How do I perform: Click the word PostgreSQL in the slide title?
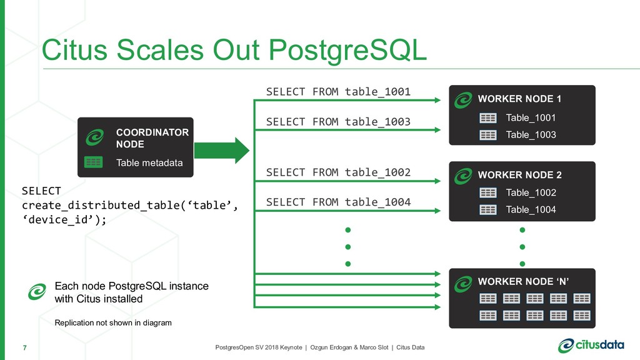[347, 51]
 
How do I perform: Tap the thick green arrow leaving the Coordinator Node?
[222, 151]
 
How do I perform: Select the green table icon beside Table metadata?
[94, 162]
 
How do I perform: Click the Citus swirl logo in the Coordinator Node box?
[95, 137]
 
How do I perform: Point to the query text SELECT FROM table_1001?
[338, 91]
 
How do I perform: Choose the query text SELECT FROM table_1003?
[338, 122]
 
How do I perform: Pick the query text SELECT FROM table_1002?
[338, 172]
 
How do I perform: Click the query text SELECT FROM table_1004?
[338, 202]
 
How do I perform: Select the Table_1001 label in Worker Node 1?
[531, 118]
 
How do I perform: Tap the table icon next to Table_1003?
[488, 135]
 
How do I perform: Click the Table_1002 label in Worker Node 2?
[531, 192]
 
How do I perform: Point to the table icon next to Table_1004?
[488, 210]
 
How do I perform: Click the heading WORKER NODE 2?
[519, 175]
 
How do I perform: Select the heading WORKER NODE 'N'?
[523, 282]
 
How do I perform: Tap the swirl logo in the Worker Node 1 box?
[463, 100]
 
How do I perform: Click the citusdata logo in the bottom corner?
[591, 345]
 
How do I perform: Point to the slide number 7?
[25, 347]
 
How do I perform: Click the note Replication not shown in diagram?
[113, 323]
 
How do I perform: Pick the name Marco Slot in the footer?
[374, 347]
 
